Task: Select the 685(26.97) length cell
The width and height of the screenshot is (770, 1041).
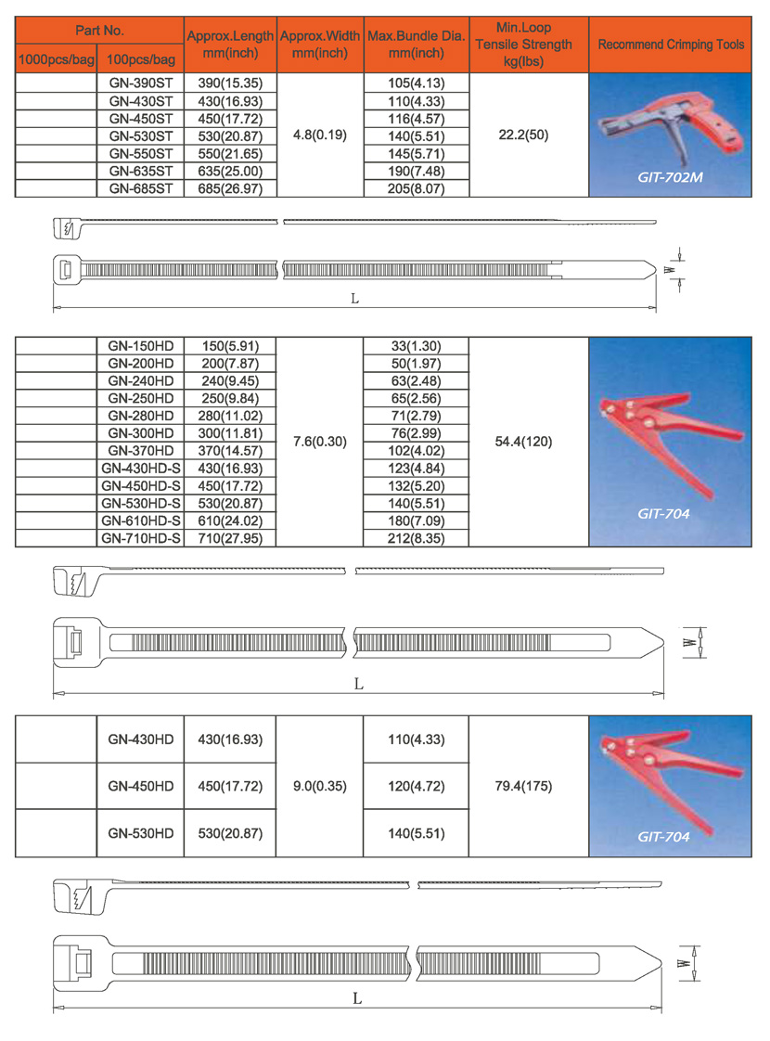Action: [229, 187]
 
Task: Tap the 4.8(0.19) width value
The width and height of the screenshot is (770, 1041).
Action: [319, 135]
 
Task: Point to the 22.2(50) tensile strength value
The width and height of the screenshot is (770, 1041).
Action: [524, 135]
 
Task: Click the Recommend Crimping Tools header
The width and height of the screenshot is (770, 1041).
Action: [671, 45]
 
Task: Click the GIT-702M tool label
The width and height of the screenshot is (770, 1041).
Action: [670, 176]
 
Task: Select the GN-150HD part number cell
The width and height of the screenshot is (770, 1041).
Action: [141, 346]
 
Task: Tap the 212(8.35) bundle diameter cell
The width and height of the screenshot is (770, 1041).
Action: [417, 538]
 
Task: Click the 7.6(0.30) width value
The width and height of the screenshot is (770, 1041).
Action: [319, 442]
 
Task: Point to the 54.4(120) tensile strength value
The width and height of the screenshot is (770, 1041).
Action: [524, 442]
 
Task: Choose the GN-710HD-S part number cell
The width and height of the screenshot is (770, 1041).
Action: [141, 538]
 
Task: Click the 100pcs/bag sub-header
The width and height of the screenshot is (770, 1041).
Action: [141, 60]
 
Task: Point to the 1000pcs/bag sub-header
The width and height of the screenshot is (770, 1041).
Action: [57, 60]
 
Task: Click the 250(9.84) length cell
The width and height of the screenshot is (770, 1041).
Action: [229, 398]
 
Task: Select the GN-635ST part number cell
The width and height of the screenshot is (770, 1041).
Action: [141, 171]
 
